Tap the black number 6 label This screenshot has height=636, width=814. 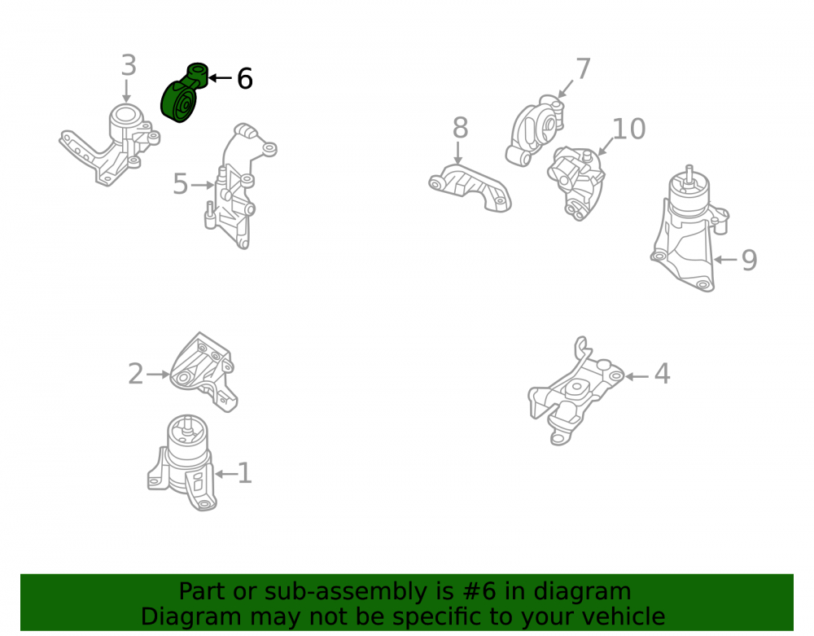(244, 79)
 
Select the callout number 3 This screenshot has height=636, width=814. (129, 65)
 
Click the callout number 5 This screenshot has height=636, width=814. (180, 184)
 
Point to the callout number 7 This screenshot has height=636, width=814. (583, 69)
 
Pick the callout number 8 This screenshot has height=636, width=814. (460, 128)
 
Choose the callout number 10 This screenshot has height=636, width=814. (628, 129)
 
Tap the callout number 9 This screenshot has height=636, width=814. (749, 260)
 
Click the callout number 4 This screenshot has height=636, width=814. (662, 375)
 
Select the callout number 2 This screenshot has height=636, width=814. (135, 375)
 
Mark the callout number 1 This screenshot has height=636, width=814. (244, 473)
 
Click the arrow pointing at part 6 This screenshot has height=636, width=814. (220, 78)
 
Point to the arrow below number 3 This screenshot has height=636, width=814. (126, 91)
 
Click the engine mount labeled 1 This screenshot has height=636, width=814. (182, 462)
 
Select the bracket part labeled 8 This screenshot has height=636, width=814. (470, 188)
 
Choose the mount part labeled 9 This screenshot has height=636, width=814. (689, 229)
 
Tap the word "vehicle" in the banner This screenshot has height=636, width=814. (632, 616)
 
